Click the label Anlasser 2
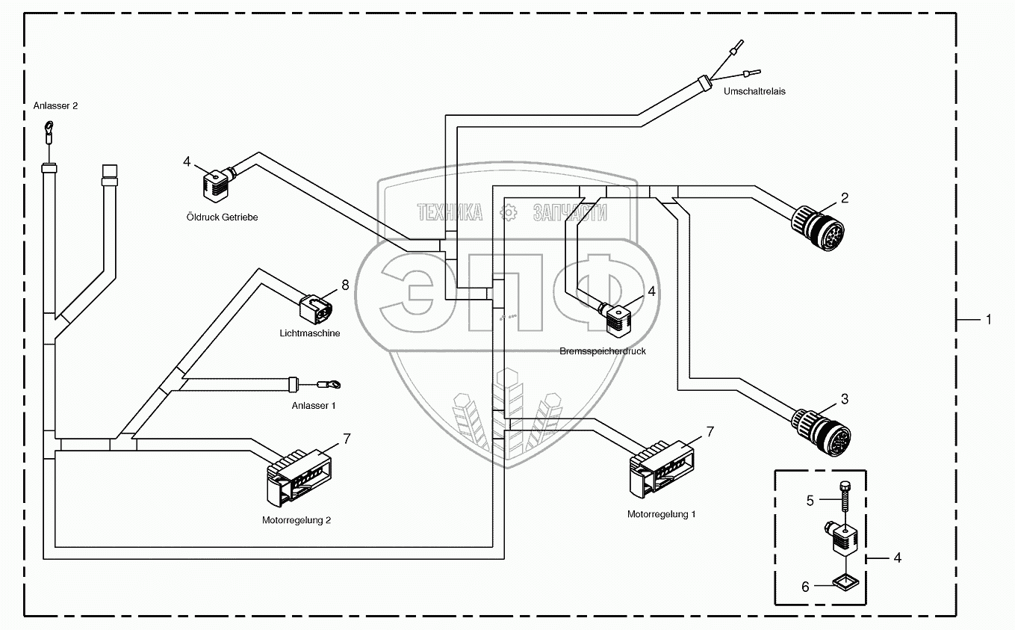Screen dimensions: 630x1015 coord(55,106)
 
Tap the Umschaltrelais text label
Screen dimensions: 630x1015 coord(754,91)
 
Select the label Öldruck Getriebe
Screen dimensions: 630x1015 coord(222,217)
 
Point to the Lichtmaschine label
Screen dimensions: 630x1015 coord(309,333)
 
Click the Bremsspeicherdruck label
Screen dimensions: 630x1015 coord(602,350)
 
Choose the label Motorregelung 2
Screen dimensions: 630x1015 coord(297,520)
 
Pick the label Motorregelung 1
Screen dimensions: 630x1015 coord(661,514)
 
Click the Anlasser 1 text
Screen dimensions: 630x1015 coord(313,405)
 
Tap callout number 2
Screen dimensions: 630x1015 coord(845,198)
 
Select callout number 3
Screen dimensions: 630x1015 coord(845,399)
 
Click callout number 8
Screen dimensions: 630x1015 coord(345,285)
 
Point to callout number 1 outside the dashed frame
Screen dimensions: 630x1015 coord(988,320)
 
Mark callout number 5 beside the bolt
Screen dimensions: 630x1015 coord(810,501)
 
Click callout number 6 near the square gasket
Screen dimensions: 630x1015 coord(805,587)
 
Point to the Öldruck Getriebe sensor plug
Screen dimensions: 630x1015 coord(214,184)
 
